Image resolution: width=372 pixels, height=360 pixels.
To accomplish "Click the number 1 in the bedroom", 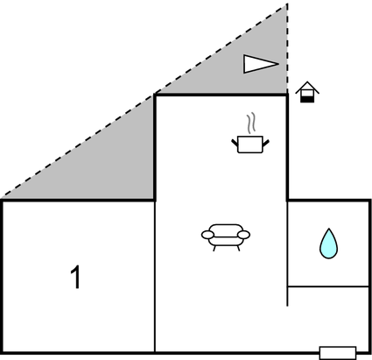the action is [75, 277].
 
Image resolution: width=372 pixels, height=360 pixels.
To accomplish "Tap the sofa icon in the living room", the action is [226, 237].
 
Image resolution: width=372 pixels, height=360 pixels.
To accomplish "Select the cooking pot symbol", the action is [250, 145].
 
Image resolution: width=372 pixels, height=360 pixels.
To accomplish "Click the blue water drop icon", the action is [328, 244].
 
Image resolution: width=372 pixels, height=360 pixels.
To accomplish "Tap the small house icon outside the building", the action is [307, 92].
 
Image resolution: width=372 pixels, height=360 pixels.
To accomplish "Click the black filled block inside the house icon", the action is [307, 99].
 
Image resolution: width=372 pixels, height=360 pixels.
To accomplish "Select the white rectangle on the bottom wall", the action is [338, 353].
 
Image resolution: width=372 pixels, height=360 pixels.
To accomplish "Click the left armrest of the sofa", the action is [207, 235].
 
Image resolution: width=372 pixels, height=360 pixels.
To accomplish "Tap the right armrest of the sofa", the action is [244, 235].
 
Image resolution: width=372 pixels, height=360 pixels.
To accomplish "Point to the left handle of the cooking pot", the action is [235, 143].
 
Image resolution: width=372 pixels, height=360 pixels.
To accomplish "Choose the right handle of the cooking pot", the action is [266, 143].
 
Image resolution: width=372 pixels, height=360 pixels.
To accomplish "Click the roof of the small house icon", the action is [307, 87].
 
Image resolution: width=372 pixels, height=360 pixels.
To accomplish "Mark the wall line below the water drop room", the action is [328, 286].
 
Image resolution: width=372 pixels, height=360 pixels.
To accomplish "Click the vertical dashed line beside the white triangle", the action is [287, 49].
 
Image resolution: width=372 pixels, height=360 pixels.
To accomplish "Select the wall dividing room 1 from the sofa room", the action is [155, 277].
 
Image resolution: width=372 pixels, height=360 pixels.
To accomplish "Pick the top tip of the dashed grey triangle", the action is [287, 4].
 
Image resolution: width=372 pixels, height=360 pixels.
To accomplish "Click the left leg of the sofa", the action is [214, 248].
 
